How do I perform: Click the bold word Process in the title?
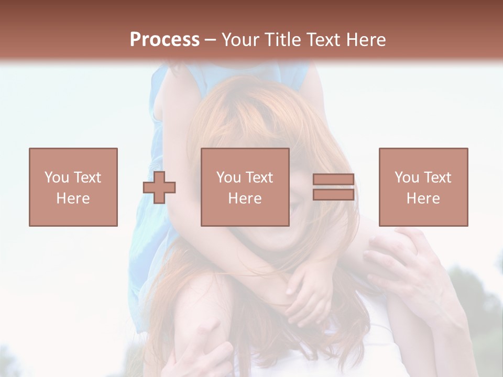(x=165, y=40)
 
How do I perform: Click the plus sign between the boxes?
(x=159, y=187)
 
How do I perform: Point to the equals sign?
(x=333, y=187)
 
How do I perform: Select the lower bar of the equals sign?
(x=333, y=195)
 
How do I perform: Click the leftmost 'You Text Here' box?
(x=73, y=187)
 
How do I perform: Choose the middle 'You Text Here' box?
(x=245, y=187)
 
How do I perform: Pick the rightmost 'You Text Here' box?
(x=423, y=187)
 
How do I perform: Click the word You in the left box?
(x=57, y=178)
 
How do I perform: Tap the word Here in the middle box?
(x=245, y=198)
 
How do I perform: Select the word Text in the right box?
(x=438, y=178)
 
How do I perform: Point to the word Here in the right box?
(x=423, y=198)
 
